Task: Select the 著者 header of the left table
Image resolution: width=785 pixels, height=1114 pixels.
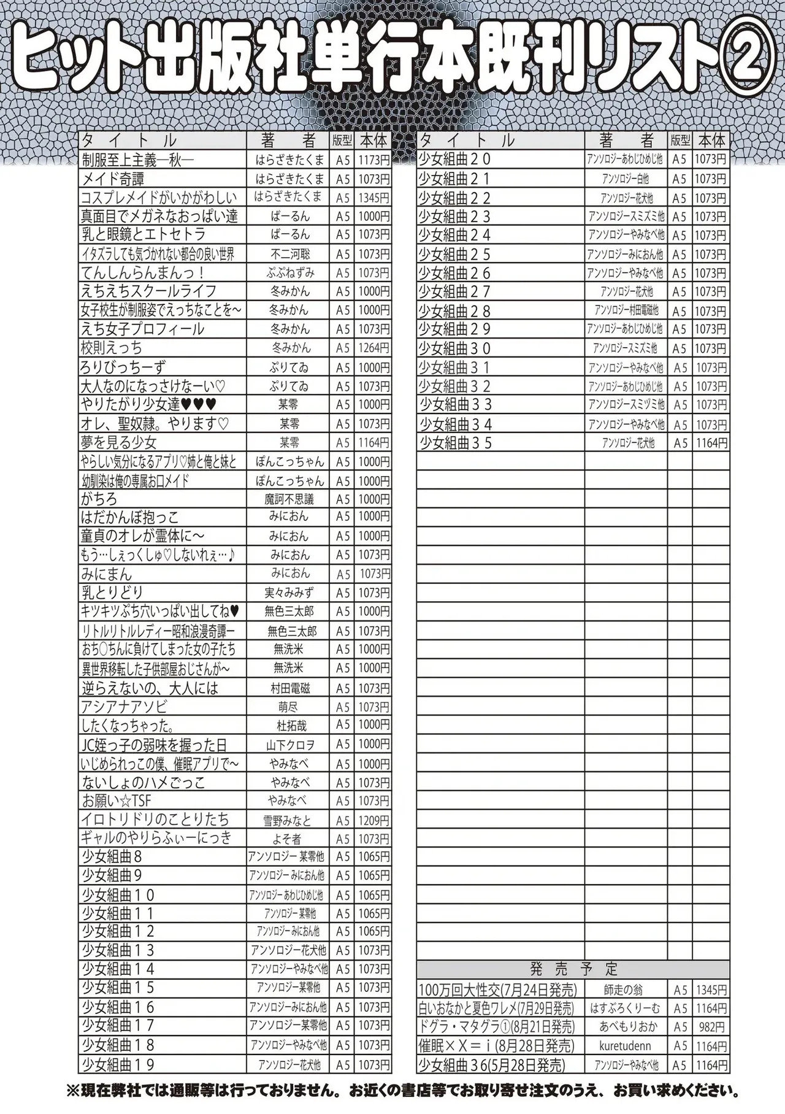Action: click(288, 140)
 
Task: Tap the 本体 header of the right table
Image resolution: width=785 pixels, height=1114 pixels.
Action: click(711, 140)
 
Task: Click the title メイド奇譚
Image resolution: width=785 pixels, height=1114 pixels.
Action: click(113, 179)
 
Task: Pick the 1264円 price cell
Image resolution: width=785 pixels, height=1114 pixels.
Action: click(373, 348)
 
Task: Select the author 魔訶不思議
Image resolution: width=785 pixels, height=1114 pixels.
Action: click(289, 499)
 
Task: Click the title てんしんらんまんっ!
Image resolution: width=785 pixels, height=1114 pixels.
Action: click(142, 272)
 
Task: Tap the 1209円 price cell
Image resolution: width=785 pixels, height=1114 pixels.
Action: click(373, 820)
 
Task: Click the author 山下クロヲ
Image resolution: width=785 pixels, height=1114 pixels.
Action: click(290, 745)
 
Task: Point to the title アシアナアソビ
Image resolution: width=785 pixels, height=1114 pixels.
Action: click(124, 707)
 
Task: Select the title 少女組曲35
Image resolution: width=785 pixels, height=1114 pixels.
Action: click(456, 442)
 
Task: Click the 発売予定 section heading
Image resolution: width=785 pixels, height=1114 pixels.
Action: click(573, 970)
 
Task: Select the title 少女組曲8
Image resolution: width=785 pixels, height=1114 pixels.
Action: click(112, 857)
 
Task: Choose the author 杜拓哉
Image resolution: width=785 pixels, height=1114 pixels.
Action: click(291, 726)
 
